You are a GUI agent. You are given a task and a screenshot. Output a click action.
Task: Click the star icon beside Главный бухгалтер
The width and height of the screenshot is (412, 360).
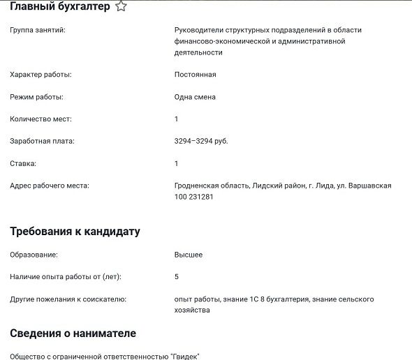pos(121,6)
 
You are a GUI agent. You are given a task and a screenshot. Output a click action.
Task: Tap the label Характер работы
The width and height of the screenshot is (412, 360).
pos(41,74)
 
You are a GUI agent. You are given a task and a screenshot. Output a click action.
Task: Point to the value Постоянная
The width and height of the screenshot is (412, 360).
pos(195,74)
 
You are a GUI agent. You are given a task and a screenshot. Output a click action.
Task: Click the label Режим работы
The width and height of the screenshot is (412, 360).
pos(36,96)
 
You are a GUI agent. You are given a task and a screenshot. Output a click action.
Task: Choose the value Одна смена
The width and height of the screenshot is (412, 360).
pos(195,96)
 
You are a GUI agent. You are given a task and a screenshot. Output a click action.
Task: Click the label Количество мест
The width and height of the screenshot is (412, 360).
pos(41,119)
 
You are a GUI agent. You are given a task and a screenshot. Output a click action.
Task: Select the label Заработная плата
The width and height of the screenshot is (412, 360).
pos(42,141)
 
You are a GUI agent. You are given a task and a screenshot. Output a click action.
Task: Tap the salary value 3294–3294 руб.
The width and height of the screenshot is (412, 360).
pos(201,141)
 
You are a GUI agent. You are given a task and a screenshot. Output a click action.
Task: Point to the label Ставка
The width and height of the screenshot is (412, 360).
pos(23,163)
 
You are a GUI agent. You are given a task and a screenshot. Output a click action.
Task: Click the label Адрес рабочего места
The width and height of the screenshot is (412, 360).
pos(50,186)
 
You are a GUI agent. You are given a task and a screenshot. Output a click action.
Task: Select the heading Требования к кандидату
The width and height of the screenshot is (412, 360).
pos(75,231)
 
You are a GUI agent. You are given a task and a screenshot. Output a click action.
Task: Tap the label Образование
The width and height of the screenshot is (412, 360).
pos(34,255)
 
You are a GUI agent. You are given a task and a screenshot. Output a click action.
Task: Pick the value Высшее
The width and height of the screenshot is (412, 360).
pos(188,255)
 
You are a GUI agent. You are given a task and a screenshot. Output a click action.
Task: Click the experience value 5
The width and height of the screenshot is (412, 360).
pos(177,277)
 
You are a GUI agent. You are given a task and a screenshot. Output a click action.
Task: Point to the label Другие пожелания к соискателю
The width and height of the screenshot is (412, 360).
pos(68,299)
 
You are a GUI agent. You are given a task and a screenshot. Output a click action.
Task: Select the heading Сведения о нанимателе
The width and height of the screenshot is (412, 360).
pos(73,333)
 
